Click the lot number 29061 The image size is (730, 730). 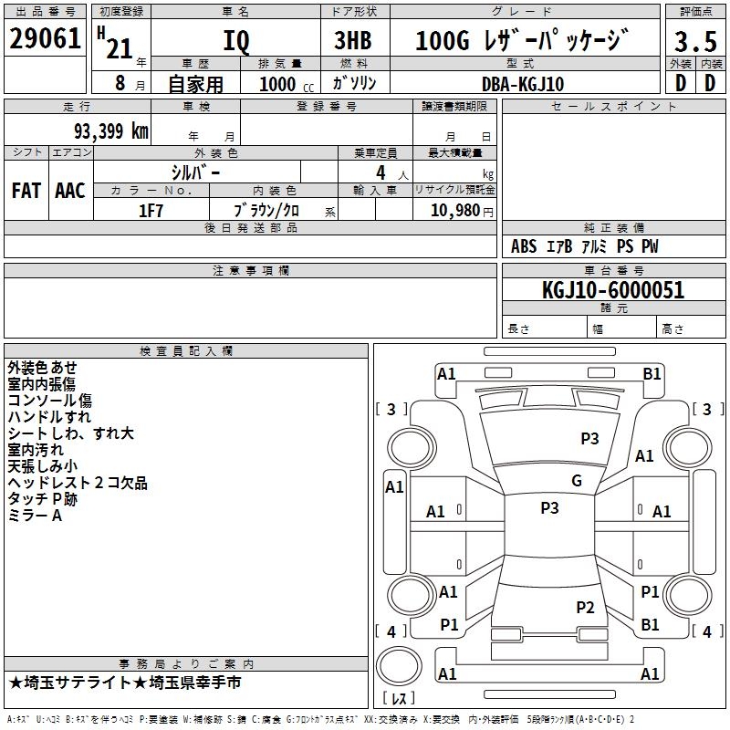pos(45,40)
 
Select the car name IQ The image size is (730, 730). pos(235,42)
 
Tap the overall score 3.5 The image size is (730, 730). pos(695,42)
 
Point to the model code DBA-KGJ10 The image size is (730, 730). pos(522,84)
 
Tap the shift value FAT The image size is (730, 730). pos(26,191)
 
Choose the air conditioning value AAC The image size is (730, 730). pos(69,191)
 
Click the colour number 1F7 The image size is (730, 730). pos(151,211)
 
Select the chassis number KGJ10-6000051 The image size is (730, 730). pos(612,291)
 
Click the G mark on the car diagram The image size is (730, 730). pos(577,480)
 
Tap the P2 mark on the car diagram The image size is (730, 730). pos(585,607)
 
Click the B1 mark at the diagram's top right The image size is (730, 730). pos(652,373)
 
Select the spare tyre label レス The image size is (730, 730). pos(399,699)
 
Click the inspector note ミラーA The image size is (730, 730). pos(35,516)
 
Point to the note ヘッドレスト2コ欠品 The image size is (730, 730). pos(78,483)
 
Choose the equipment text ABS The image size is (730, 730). pos(524,246)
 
